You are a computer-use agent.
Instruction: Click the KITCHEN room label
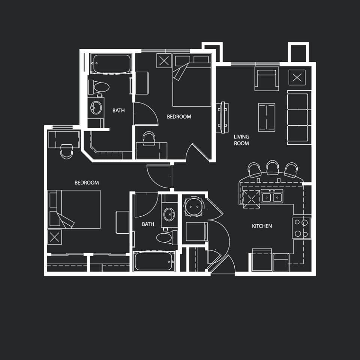coord(262,226)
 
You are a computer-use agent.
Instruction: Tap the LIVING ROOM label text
coord(241,140)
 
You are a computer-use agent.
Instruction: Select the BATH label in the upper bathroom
coord(118,111)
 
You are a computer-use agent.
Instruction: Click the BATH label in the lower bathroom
coord(148,224)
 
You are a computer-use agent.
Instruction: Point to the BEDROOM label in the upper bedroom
coord(179,117)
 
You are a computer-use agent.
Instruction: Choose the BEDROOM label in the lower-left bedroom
coord(87,183)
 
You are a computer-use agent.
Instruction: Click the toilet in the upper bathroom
coord(99,87)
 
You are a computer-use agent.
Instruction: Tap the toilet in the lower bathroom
coord(167,238)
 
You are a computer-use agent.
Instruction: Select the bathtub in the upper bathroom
coord(111,64)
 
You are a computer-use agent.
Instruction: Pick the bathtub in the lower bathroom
coord(154,261)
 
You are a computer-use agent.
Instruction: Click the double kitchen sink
coord(272,196)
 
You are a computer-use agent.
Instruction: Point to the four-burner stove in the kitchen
coord(301,228)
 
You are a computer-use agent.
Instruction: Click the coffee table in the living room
coord(267,117)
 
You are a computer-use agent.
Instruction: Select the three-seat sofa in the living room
coord(299,117)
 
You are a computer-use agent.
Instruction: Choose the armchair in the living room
coord(267,78)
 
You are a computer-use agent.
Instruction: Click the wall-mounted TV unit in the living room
coord(222,117)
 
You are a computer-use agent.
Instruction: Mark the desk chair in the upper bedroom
coord(149,139)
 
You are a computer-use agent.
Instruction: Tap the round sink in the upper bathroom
coord(96,108)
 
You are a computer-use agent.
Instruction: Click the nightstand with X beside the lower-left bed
coord(55,237)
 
